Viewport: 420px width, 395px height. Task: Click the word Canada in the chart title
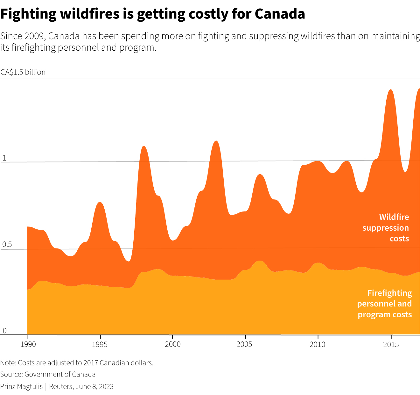(x=280, y=14)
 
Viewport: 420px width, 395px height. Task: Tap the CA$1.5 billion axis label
(x=23, y=72)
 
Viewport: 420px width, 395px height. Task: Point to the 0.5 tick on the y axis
(x=7, y=245)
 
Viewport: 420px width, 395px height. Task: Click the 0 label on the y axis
(x=4, y=331)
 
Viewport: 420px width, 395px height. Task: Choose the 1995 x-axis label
(x=101, y=344)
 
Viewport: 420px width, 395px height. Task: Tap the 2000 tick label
(x=173, y=344)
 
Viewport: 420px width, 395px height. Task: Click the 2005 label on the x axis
(x=245, y=344)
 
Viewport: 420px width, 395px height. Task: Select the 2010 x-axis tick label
(x=318, y=344)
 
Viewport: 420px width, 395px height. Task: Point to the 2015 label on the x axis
(x=391, y=344)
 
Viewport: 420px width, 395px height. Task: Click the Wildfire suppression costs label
(x=386, y=228)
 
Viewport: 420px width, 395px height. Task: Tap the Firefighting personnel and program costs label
(x=384, y=304)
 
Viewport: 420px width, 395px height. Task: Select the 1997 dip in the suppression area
(x=128, y=261)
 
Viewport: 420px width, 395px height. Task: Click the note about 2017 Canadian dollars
(x=77, y=363)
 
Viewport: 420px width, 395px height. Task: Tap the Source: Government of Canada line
(x=48, y=374)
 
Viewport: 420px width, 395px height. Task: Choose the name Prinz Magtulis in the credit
(x=21, y=386)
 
